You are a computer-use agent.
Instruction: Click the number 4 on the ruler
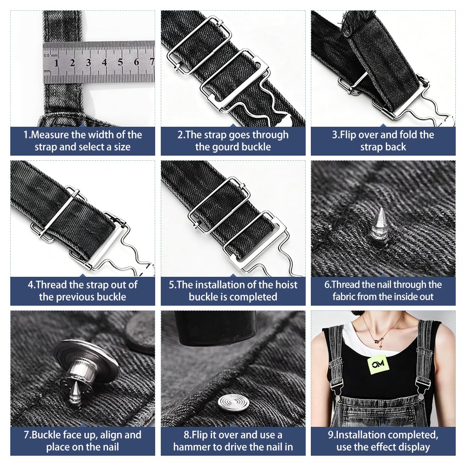(104, 62)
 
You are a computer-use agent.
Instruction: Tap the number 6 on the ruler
(137, 62)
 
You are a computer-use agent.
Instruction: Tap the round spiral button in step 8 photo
(233, 403)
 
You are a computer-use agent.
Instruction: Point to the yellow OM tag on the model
(378, 364)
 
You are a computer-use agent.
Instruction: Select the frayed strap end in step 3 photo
(351, 26)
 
